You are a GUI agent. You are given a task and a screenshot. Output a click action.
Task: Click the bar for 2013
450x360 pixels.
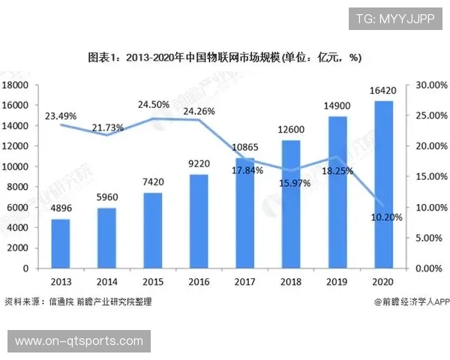[x=61, y=243]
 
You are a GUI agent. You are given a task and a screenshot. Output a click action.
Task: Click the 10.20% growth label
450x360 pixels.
[x=387, y=217]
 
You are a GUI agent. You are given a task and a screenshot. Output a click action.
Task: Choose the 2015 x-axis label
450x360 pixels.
[x=154, y=282]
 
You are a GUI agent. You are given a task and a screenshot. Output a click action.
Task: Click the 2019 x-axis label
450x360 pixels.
[x=337, y=282]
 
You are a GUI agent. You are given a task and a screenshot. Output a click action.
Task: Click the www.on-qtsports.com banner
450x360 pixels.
[x=79, y=341]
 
